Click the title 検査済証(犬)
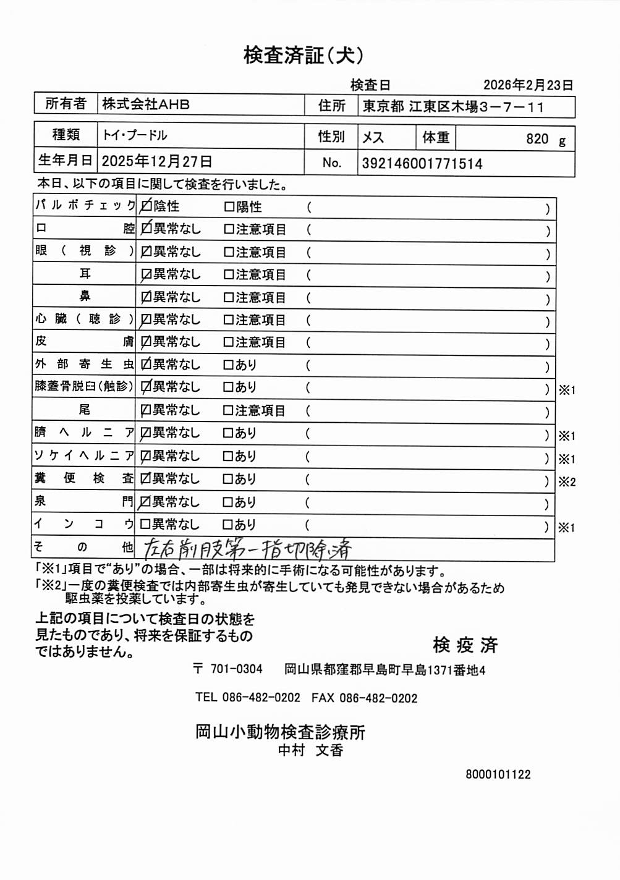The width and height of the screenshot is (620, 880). tap(304, 56)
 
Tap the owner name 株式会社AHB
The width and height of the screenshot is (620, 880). tap(146, 104)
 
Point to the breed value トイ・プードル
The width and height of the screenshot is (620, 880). tap(135, 135)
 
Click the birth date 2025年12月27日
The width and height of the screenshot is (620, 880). tap(157, 162)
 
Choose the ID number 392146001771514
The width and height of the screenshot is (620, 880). tap(422, 164)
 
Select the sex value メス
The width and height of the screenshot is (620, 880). tap(373, 137)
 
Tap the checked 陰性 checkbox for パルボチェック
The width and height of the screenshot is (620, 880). tap(146, 206)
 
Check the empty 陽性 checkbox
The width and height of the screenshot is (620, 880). tap(229, 207)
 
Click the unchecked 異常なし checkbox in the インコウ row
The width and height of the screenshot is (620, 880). tap(145, 525)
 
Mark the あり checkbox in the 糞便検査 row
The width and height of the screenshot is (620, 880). tap(228, 479)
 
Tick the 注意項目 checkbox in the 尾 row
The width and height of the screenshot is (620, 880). tap(228, 411)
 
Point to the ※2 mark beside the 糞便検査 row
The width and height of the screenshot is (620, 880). tap(567, 482)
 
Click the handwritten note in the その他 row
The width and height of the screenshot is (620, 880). tap(247, 548)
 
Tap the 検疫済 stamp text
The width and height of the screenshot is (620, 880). tap(465, 645)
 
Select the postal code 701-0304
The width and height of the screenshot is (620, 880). tap(236, 669)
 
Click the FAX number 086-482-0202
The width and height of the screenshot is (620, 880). tap(378, 698)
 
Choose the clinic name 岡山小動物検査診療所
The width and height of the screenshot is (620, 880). tap(280, 732)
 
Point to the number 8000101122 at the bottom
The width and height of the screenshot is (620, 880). tap(498, 774)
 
